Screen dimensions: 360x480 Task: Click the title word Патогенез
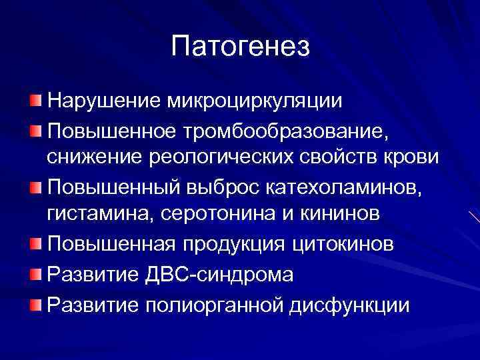point(240,47)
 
